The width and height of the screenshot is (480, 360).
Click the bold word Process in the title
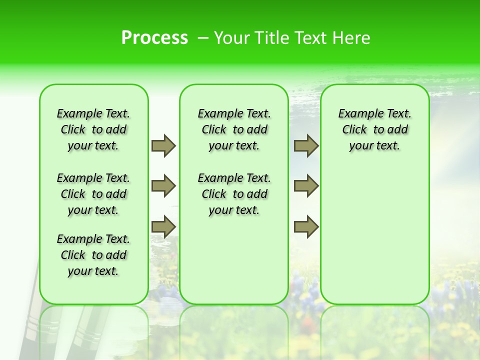click(x=154, y=38)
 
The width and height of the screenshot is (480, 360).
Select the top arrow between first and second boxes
click(x=163, y=146)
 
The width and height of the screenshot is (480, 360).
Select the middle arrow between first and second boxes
click(x=163, y=186)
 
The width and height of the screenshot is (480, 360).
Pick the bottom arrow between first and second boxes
click(x=163, y=226)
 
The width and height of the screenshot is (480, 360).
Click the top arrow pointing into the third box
click(x=306, y=146)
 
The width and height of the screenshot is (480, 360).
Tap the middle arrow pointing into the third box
click(x=306, y=186)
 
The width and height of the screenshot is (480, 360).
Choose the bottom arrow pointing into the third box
click(x=306, y=226)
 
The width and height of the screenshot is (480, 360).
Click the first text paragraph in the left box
click(x=93, y=129)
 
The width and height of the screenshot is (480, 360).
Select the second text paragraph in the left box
click(x=93, y=194)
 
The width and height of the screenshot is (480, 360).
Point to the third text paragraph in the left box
click(x=93, y=255)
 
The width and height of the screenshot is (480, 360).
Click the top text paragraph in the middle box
click(x=234, y=129)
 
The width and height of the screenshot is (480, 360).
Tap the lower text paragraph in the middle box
click(x=234, y=194)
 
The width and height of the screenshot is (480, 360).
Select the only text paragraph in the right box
click(x=375, y=129)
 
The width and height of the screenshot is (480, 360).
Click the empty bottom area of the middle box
click(x=234, y=265)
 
